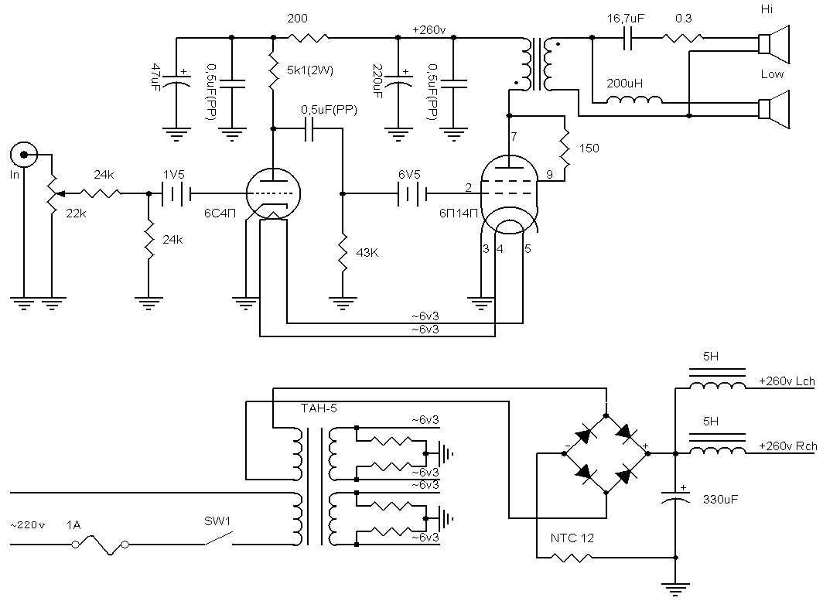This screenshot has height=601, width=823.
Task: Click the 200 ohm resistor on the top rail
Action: coord(309,37)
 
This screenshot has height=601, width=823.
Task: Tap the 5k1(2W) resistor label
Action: coord(310,70)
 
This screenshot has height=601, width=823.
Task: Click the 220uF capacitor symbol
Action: coord(398,82)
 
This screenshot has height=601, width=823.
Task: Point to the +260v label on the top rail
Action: coord(429,30)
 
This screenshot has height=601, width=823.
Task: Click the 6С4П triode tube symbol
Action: coord(273,193)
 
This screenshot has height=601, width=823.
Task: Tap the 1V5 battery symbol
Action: coord(176,193)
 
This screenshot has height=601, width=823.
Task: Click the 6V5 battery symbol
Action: coord(412,193)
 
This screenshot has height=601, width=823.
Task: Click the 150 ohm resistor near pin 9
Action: coord(565,149)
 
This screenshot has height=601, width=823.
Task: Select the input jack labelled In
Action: coord(24,155)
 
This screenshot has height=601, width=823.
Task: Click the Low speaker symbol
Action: coord(773,109)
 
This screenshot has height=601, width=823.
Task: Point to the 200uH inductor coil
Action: coord(634,99)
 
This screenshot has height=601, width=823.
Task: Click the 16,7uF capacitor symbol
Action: coord(627,37)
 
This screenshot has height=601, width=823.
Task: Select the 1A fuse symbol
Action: coord(101,545)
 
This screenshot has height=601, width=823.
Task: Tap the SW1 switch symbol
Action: coord(218,539)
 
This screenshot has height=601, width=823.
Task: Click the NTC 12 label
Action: coord(572,538)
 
